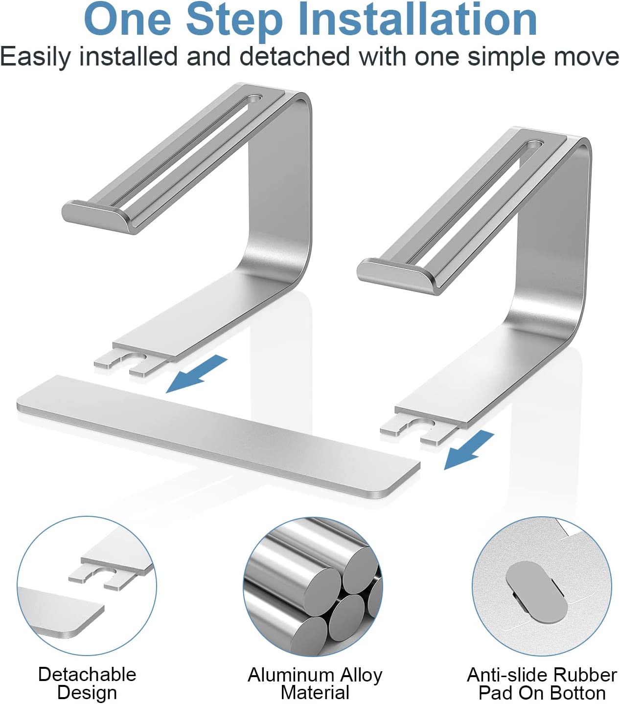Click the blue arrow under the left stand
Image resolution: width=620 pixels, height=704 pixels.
click(197, 373)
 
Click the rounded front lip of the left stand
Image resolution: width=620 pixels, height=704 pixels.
click(97, 217)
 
